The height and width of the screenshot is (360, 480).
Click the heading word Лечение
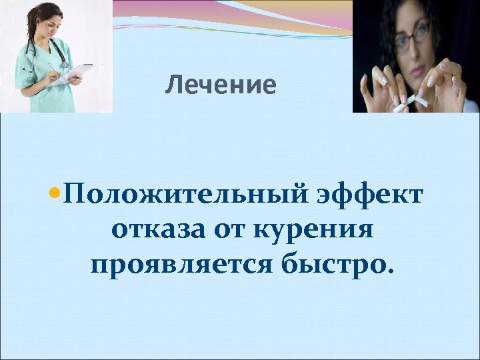coord(221,85)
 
